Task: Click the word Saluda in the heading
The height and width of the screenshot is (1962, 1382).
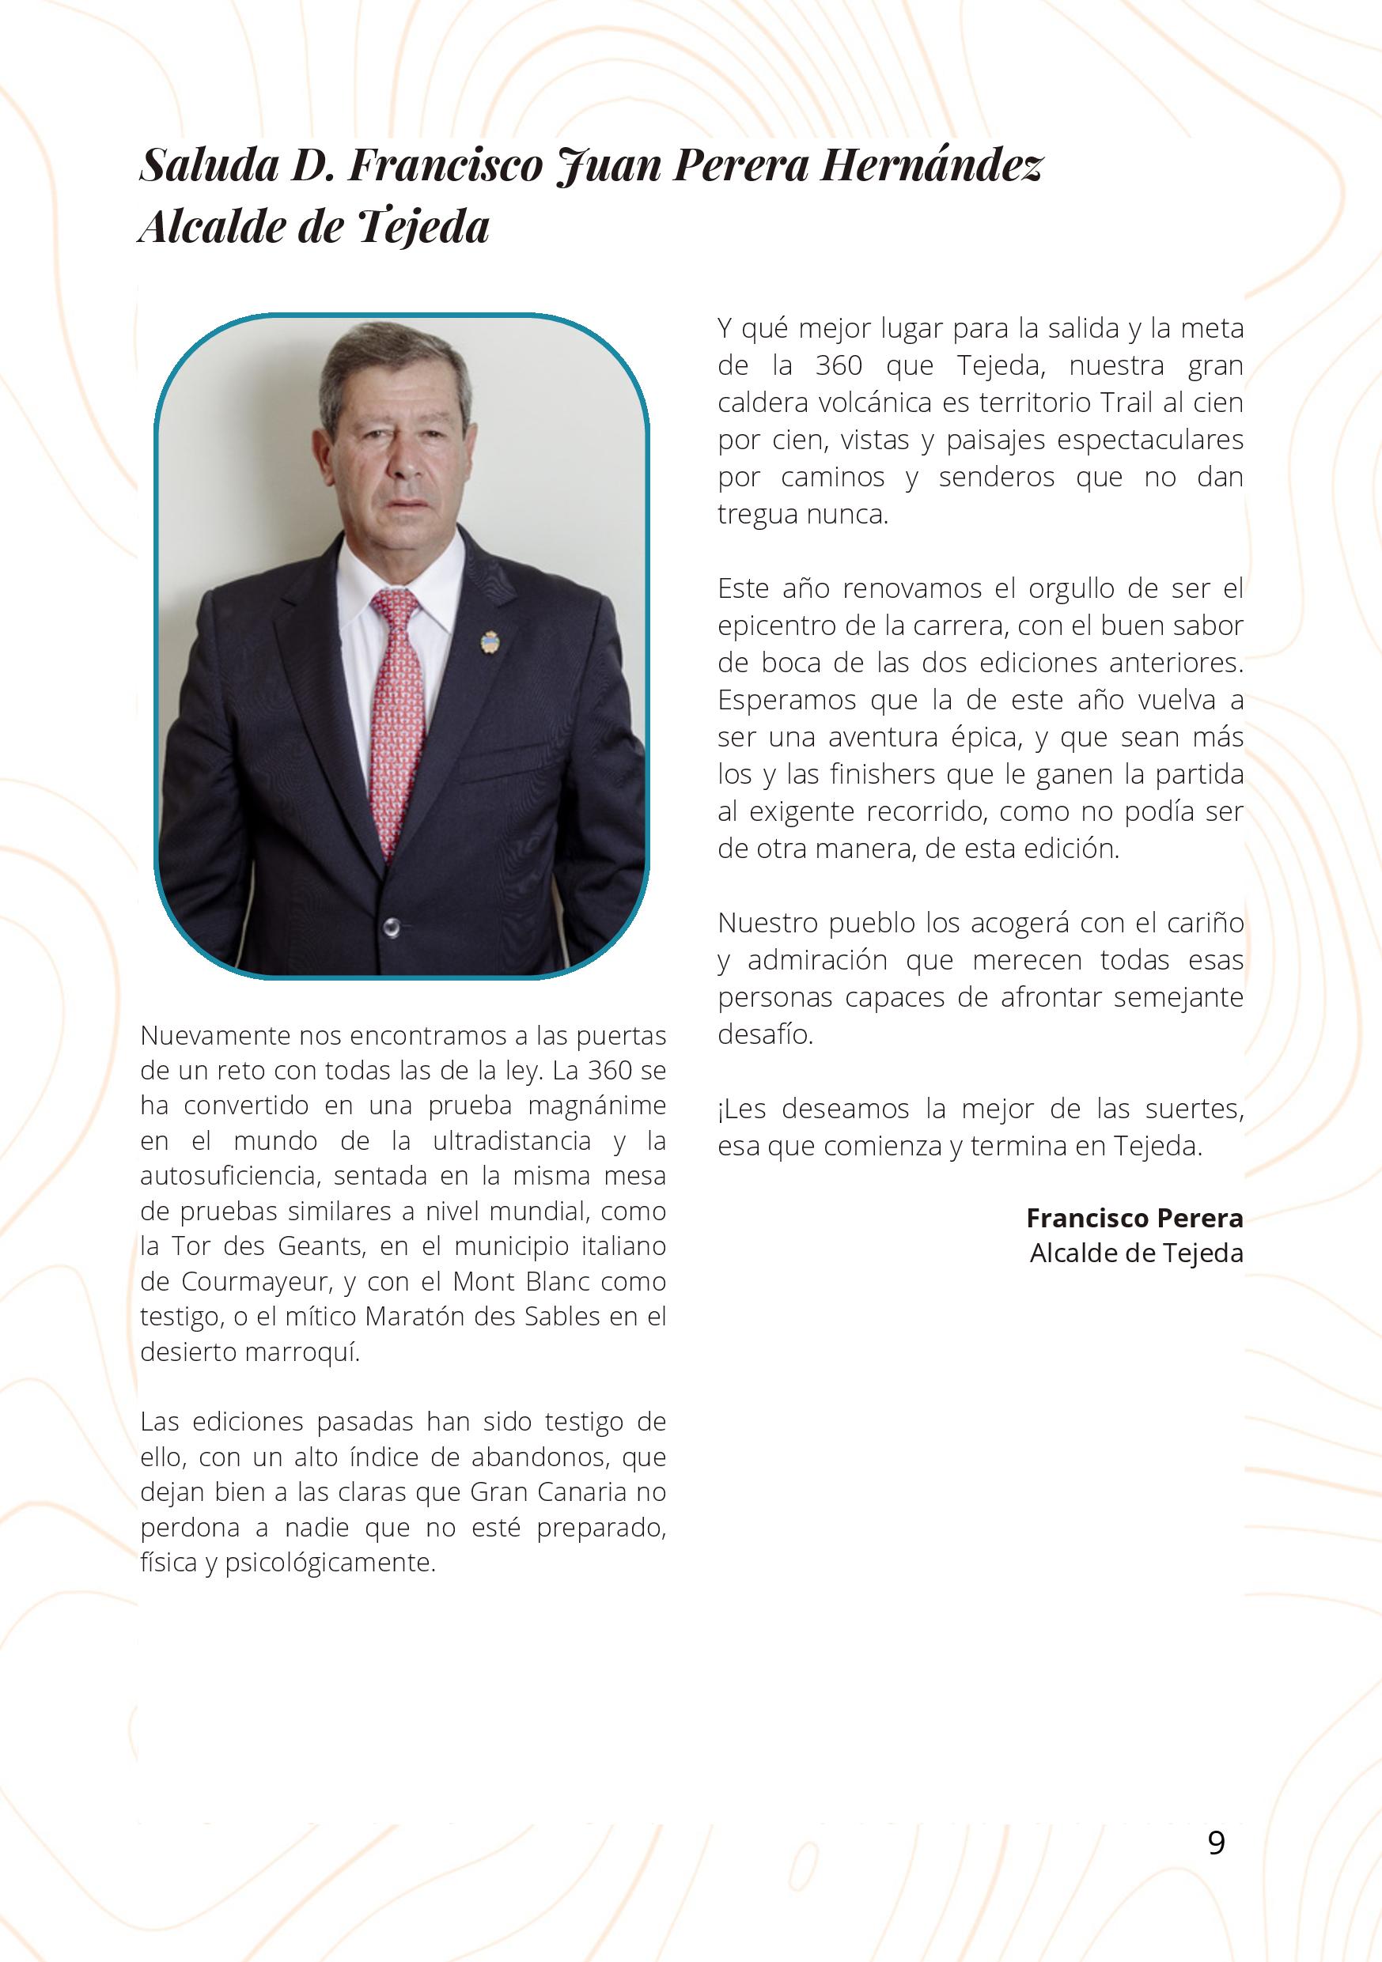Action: (x=210, y=165)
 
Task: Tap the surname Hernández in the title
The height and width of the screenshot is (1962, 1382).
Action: (x=931, y=165)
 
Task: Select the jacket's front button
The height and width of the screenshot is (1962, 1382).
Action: (x=392, y=924)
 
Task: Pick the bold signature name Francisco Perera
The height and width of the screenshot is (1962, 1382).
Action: (x=1134, y=1218)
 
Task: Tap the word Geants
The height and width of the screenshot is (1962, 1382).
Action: (x=316, y=1247)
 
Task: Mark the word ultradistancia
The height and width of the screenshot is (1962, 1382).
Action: (x=511, y=1141)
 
